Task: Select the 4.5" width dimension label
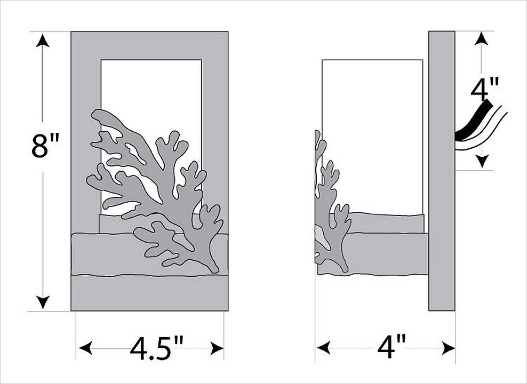156,348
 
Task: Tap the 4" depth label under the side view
391,347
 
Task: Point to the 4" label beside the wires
484,89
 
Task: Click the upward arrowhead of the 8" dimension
43,41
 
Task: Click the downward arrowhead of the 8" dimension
43,302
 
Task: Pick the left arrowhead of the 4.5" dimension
85,348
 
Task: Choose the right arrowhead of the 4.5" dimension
217,348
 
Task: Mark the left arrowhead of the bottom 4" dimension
323,348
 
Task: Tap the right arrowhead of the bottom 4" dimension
449,348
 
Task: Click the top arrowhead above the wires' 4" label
482,38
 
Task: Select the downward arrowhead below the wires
482,161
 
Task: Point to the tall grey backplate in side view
442,171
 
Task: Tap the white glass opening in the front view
151,87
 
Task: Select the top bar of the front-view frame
149,46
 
